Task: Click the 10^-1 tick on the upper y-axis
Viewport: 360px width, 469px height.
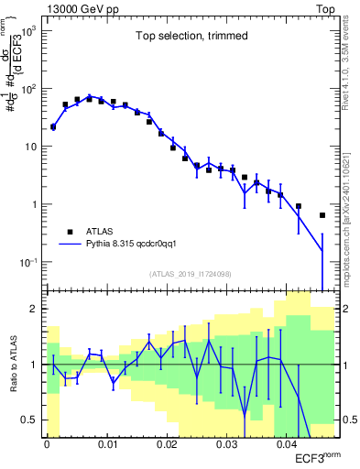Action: coord(27,262)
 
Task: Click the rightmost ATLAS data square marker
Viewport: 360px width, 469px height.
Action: coord(322,215)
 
